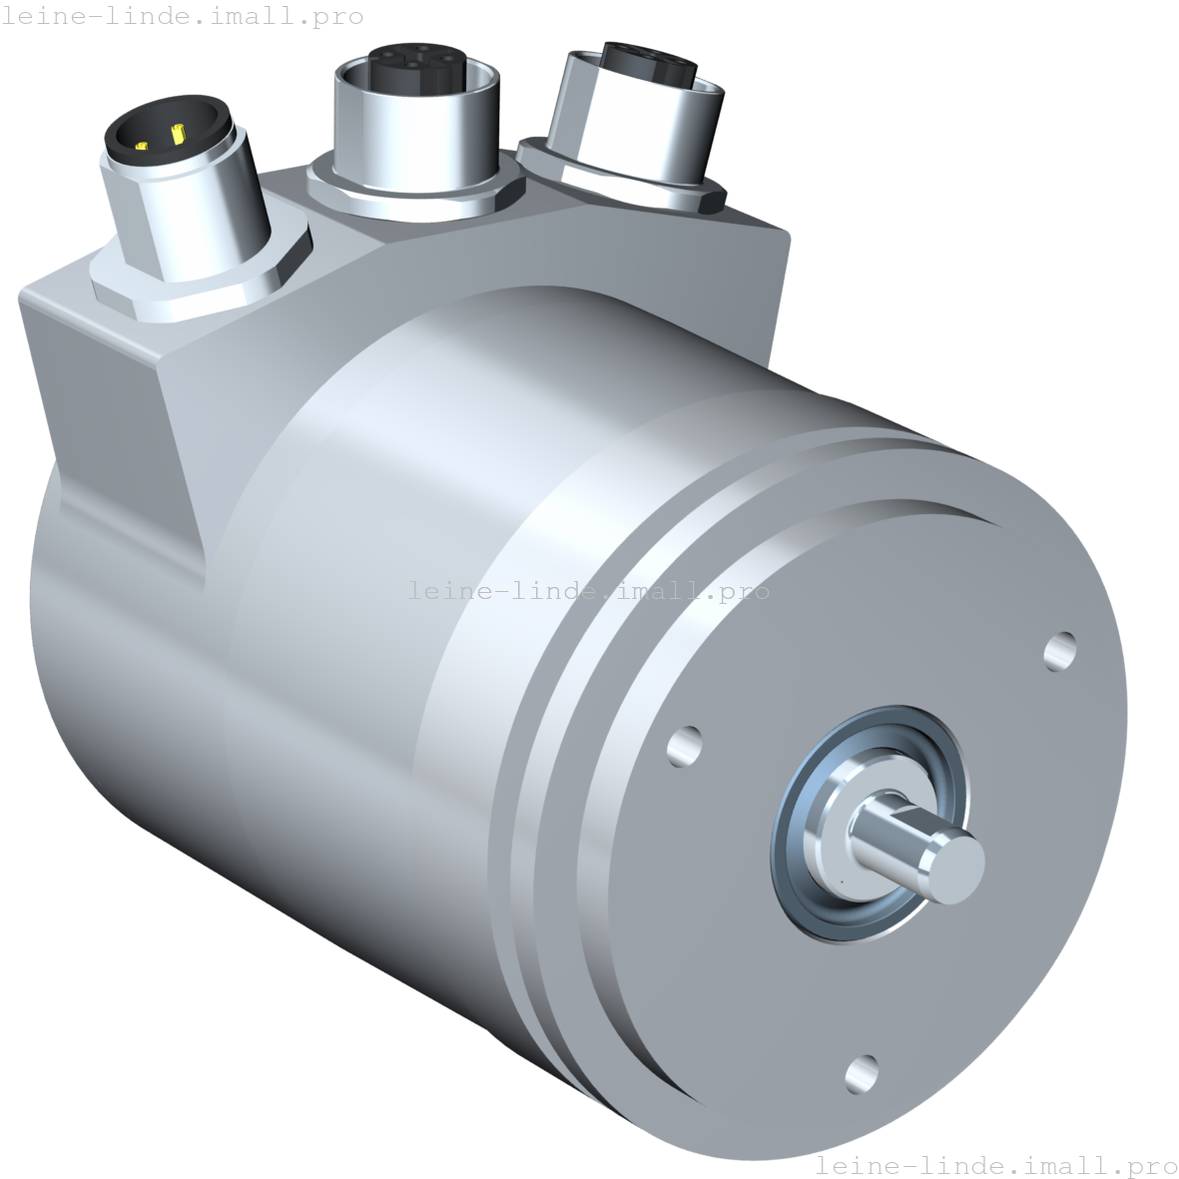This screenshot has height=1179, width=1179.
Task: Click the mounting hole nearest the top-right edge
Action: [x=1059, y=650]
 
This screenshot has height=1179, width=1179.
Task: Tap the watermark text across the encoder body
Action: [x=589, y=591]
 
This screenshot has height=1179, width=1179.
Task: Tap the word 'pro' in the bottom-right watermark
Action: [x=1152, y=1165]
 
